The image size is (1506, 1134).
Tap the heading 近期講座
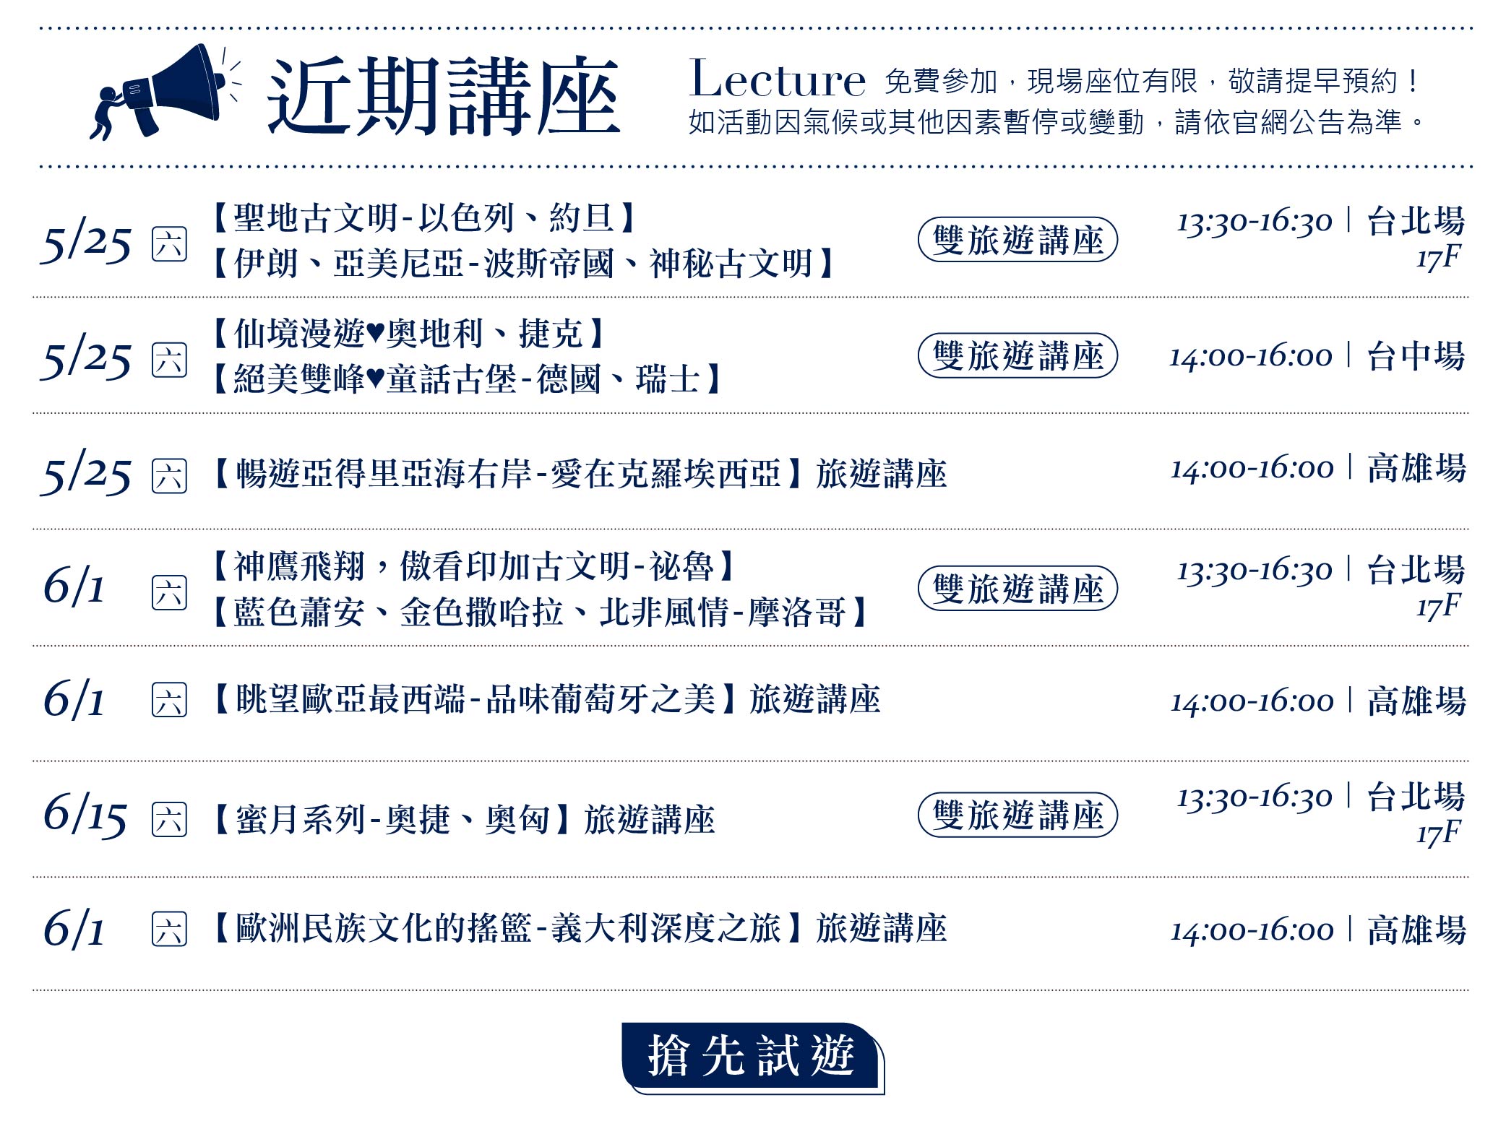coord(444,95)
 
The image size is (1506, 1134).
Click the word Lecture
coord(778,79)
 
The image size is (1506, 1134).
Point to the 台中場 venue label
coord(1416,356)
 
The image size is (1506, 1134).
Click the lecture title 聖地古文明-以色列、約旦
coord(424,217)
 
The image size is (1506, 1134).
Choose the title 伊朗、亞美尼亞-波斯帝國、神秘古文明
coord(524,264)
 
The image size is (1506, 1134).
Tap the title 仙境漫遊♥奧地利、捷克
coord(409,334)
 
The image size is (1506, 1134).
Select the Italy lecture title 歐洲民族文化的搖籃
coord(384,929)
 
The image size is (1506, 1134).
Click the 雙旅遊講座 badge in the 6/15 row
coord(1017,815)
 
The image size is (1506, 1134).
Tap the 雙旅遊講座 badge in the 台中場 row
coord(1017,355)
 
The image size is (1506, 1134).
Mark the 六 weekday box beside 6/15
coord(169,820)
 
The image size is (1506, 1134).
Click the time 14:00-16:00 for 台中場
coord(1251,357)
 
